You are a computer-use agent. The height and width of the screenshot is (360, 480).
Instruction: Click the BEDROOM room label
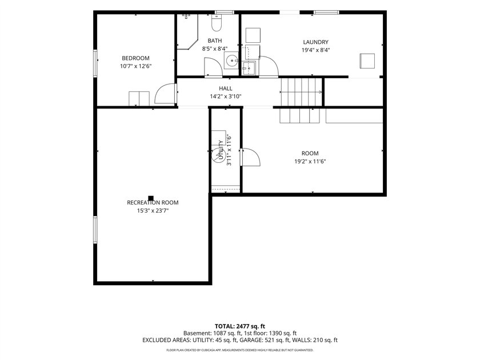[x=135, y=58]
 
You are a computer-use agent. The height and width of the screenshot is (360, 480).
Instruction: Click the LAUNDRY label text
[x=315, y=42]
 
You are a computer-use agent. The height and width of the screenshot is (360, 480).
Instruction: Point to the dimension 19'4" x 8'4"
[x=315, y=50]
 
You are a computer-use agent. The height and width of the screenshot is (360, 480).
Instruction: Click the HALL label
[x=226, y=89]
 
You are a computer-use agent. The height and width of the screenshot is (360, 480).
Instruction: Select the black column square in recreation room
[x=151, y=198]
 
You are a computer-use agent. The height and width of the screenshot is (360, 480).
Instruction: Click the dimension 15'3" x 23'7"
[x=153, y=211]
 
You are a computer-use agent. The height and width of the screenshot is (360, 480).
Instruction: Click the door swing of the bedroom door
[x=165, y=94]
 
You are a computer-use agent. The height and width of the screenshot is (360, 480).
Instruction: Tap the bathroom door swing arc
[x=213, y=66]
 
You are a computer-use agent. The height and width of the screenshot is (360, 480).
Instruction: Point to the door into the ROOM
[x=250, y=157]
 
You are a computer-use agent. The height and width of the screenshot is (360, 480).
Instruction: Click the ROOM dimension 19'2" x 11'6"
[x=310, y=161]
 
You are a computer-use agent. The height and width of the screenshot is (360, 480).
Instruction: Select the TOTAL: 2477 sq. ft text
[x=239, y=326]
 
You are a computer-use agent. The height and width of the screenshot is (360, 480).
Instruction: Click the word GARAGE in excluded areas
[x=250, y=340]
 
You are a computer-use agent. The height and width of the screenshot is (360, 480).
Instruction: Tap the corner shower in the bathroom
[x=187, y=31]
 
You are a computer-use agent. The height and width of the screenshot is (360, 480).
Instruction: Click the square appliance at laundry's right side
[x=367, y=61]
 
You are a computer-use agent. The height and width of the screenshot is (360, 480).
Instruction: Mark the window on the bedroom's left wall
[x=95, y=63]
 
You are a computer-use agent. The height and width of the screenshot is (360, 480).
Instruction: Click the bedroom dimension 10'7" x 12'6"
[x=136, y=66]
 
